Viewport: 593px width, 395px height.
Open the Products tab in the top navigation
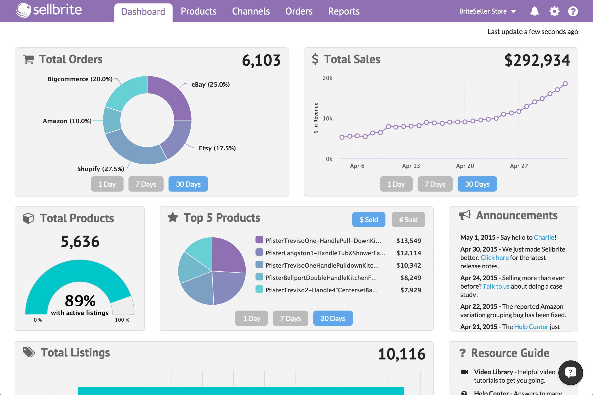point(198,11)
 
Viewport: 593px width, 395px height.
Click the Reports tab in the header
point(344,11)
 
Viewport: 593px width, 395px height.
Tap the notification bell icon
point(534,11)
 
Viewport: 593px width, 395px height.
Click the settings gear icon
point(554,11)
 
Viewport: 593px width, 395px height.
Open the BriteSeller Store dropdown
point(487,11)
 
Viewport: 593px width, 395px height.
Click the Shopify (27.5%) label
point(101,169)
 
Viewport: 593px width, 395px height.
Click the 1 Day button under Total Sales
point(396,184)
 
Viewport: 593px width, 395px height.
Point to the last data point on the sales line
point(565,84)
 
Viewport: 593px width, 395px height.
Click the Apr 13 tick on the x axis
point(411,166)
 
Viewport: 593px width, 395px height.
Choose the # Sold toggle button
point(408,220)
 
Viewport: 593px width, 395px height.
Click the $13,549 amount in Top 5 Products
point(408,240)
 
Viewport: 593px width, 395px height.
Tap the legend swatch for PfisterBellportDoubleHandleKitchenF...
point(259,277)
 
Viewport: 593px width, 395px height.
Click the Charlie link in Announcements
point(544,237)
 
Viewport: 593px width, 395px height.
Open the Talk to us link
point(496,286)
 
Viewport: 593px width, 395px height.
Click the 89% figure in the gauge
point(80,300)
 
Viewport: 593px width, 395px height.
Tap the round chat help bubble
point(570,373)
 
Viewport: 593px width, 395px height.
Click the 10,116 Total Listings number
point(401,354)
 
